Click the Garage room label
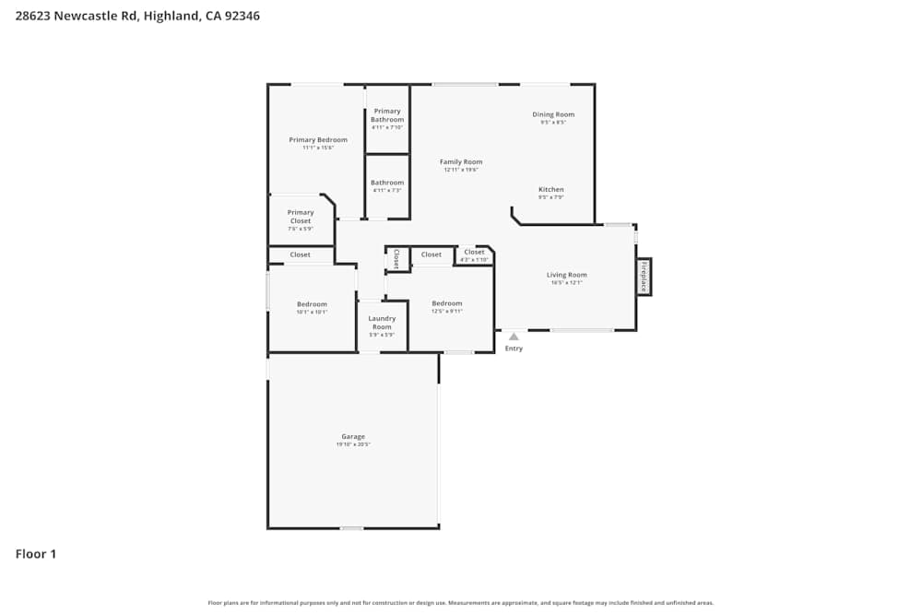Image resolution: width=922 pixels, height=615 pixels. pos(353,437)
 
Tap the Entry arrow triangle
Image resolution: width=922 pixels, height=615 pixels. pos(514,337)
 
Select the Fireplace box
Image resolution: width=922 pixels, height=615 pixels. pos(644,277)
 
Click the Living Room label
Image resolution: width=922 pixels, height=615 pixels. pos(566,275)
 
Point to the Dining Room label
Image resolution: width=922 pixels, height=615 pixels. pos(553,115)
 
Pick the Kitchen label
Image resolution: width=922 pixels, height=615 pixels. pos(551,190)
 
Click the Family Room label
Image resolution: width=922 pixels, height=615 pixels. pos(461,162)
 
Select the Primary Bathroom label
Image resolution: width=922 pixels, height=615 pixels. pos(387,115)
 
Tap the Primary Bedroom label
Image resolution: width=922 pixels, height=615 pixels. pos(318,140)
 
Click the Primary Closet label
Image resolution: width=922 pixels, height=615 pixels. pos(301,217)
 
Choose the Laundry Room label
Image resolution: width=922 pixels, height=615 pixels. pos(382,323)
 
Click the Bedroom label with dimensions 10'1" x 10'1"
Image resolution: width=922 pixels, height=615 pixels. pos(312,304)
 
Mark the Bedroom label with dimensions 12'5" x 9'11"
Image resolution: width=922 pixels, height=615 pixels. pos(447,303)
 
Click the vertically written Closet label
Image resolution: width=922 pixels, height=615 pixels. pos(396,258)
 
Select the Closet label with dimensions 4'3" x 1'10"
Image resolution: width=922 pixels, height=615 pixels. pos(474,253)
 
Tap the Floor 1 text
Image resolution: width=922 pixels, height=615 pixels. pos(36,554)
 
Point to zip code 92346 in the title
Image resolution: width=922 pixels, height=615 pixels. pos(242,16)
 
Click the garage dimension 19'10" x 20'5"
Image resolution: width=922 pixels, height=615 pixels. pos(353,444)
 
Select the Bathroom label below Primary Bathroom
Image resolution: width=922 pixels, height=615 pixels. pos(387,183)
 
